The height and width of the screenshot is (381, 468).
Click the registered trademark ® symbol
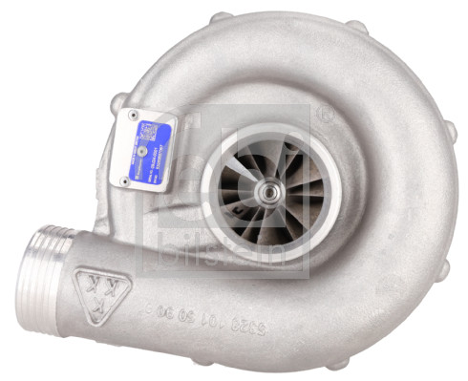[325, 116]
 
